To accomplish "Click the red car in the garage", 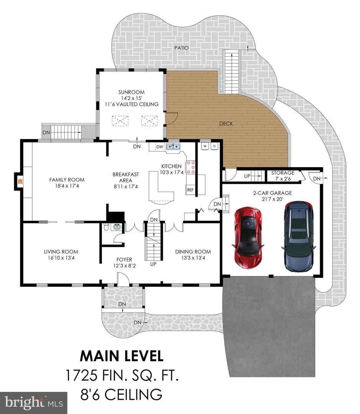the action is tap(247, 238).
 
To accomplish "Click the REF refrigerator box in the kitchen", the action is tap(190, 190).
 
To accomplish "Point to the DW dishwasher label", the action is tap(160, 147).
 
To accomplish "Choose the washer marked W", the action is tap(205, 146).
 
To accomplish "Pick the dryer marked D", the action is tap(214, 146).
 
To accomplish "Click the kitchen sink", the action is tap(173, 146).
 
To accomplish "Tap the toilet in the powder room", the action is tap(106, 227).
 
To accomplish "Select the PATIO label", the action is tap(182, 48).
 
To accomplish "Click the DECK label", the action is tap(226, 123).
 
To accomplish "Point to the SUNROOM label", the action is tap(131, 92).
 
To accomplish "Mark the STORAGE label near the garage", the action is tap(283, 172).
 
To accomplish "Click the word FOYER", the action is tap(124, 260).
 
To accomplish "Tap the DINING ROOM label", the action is tap(193, 251).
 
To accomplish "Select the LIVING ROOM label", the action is tap(61, 251).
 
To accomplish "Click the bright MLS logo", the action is tap(34, 402).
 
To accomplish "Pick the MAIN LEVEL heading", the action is tap(121, 356).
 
